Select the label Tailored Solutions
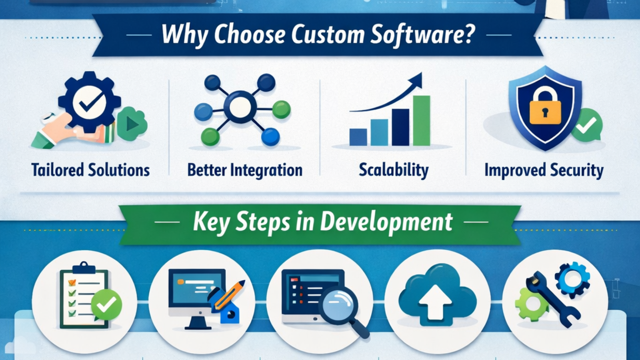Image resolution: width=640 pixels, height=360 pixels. click(x=90, y=170)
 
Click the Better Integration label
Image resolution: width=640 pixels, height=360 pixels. click(x=245, y=170)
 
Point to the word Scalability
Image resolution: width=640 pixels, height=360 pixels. click(x=394, y=170)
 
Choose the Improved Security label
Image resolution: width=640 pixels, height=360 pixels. click(x=544, y=170)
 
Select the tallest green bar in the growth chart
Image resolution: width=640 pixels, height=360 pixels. click(x=422, y=120)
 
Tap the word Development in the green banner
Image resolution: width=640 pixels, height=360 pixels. click(x=386, y=222)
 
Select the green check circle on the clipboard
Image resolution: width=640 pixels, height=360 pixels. click(x=106, y=304)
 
